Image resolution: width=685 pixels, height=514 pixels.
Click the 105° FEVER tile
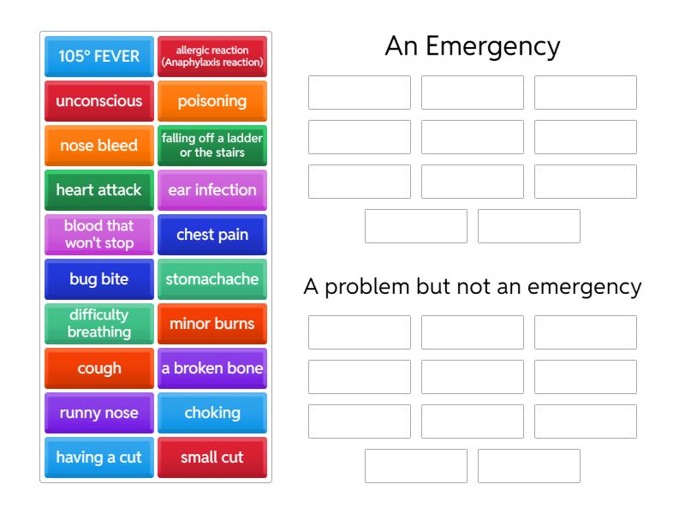click(99, 57)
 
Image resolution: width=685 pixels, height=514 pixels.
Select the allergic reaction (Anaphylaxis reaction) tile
click(212, 57)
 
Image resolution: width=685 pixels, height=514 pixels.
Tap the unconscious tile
click(99, 101)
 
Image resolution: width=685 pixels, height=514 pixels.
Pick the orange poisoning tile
click(212, 101)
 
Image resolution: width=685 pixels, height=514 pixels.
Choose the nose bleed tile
click(99, 146)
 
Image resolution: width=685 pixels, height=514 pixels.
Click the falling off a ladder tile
click(212, 146)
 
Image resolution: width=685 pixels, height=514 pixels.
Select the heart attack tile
click(99, 190)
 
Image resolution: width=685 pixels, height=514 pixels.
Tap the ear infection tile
click(212, 190)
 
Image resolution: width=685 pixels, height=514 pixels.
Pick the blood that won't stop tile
click(99, 235)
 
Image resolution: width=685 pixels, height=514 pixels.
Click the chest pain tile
click(212, 235)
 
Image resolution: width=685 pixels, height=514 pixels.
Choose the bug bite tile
click(99, 279)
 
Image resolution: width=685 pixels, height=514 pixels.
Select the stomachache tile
click(212, 279)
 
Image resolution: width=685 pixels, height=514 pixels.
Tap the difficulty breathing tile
click(99, 324)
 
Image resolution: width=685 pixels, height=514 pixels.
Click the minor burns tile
click(212, 324)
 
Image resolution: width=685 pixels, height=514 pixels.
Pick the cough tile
click(99, 368)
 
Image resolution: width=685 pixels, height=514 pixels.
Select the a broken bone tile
click(212, 368)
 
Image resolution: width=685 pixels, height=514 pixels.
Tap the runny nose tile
click(99, 413)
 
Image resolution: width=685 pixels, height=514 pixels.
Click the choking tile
click(212, 413)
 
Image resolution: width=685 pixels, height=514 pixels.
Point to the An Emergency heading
click(473, 46)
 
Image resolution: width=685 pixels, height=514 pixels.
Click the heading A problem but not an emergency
click(473, 287)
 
